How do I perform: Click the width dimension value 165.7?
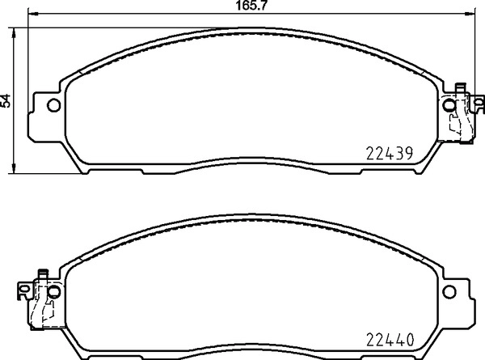[247, 6]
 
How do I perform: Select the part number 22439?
[390, 152]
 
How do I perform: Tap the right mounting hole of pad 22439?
[449, 104]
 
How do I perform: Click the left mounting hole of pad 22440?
[53, 290]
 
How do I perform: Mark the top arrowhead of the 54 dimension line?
[14, 31]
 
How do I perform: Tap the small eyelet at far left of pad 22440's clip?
[20, 289]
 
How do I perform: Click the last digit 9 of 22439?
[410, 152]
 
